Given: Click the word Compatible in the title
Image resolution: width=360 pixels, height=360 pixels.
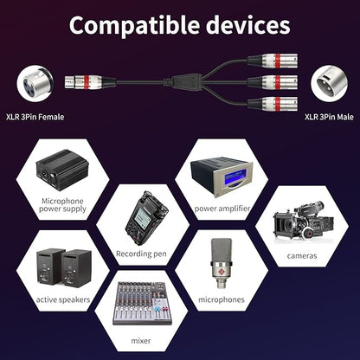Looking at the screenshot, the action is [x=134, y=26].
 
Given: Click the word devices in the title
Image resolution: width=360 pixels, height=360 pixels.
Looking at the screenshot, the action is [x=248, y=24].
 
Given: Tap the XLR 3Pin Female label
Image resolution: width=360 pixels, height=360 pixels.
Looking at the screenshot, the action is [x=35, y=117].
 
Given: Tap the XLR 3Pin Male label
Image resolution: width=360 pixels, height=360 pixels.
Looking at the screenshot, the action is [x=329, y=117].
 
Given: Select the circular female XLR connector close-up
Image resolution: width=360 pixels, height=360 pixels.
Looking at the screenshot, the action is [x=35, y=83].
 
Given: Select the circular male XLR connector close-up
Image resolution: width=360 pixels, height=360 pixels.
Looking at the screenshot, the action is [x=329, y=83].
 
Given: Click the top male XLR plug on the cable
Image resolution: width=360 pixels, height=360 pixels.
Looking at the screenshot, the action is [x=273, y=61].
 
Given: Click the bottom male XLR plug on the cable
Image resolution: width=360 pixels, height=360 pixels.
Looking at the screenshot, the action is [x=273, y=104].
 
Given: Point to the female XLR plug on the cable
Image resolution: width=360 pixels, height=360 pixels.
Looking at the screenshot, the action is [x=89, y=82].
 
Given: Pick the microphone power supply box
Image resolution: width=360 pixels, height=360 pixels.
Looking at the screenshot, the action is [x=62, y=170].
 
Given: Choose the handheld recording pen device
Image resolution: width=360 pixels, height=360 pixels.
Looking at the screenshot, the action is [x=146, y=218].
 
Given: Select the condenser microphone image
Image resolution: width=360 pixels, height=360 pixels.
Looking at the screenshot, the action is [x=222, y=263].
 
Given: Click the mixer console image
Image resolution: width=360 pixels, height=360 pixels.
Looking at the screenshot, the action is [x=142, y=303].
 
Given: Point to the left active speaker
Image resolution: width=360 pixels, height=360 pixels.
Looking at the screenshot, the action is [x=49, y=267].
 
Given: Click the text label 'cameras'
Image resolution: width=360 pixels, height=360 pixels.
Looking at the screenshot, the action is [x=302, y=256].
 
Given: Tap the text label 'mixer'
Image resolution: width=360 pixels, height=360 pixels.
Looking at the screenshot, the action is [x=141, y=341].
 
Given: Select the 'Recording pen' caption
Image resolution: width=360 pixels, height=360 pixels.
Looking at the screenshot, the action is [x=141, y=254].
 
